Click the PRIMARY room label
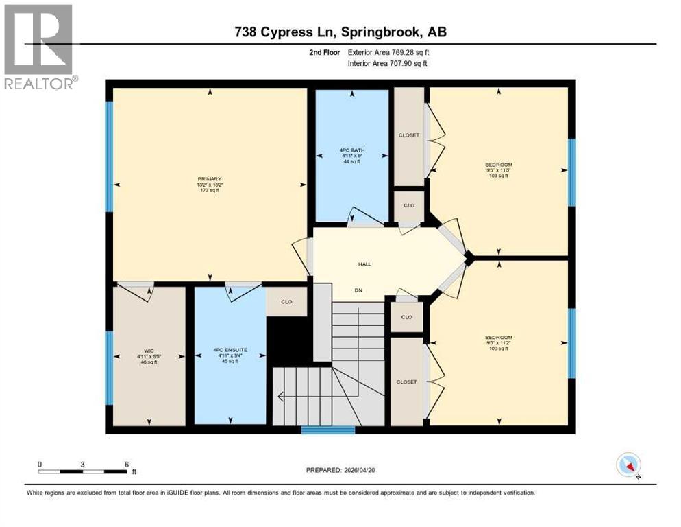(210, 179)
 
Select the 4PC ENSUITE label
(230, 350)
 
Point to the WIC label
(149, 350)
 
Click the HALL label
(364, 264)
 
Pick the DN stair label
(358, 290)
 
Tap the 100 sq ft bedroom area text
(498, 349)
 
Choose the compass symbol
(628, 465)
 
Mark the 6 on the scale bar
(127, 464)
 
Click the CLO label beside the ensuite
(286, 301)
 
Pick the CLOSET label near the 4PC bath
(409, 135)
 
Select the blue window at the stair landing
(328, 430)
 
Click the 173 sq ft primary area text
(210, 190)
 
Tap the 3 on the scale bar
(82, 464)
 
